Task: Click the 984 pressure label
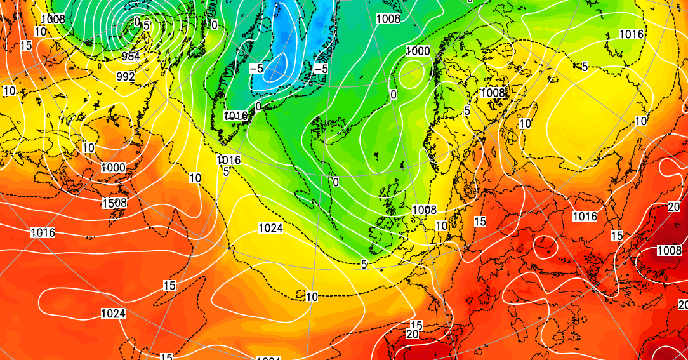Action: click(131, 56)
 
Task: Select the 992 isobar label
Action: click(126, 76)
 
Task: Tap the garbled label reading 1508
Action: click(114, 203)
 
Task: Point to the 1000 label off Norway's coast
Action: click(418, 51)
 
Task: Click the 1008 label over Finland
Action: click(493, 93)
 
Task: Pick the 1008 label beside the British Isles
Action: click(424, 210)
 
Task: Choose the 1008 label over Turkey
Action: click(669, 250)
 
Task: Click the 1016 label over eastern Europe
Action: click(585, 217)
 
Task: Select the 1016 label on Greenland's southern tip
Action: click(235, 116)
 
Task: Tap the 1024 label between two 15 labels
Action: click(113, 314)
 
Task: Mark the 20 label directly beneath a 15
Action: click(413, 334)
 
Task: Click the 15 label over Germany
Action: click(480, 221)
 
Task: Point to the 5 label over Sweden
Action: click(466, 110)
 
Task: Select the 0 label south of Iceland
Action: click(335, 182)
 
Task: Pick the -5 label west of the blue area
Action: click(256, 68)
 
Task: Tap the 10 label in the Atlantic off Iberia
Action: click(312, 297)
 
